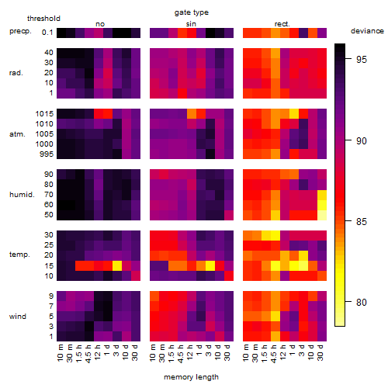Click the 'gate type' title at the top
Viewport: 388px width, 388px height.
192,12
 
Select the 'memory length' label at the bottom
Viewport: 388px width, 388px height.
191,377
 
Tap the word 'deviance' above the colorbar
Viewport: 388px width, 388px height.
367,31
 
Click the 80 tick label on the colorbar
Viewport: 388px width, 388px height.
362,302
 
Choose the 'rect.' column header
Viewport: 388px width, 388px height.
282,24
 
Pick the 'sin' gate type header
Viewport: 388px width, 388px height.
191,24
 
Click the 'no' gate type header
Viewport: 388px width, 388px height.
100,24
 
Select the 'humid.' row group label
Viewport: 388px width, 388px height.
22,195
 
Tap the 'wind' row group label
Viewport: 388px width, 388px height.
18,317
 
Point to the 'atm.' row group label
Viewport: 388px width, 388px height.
17,134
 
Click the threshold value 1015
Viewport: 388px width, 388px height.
44,114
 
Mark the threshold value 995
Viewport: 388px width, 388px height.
47,154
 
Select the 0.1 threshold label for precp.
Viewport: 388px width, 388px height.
47,33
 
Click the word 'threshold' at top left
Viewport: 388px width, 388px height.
43,19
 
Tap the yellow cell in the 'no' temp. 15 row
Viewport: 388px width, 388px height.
117,265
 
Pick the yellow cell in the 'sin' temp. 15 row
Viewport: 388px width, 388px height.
210,265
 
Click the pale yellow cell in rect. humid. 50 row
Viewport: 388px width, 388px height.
322,215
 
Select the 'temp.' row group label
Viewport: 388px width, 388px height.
19,255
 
